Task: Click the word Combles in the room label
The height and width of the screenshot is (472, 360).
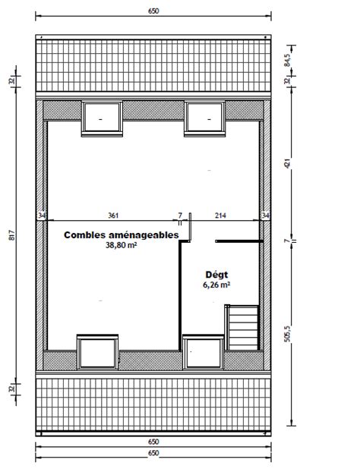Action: point(84,235)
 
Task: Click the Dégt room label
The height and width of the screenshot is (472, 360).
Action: point(216,275)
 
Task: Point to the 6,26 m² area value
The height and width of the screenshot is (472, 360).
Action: point(216,285)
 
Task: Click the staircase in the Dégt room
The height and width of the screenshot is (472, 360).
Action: point(242,326)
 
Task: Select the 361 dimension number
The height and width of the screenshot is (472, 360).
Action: point(115,215)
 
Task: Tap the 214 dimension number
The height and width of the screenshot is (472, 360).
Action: point(220,215)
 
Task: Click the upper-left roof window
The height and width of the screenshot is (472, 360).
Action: point(101,117)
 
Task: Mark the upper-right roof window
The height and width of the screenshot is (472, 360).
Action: point(204,117)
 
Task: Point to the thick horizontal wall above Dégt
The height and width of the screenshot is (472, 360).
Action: point(239,241)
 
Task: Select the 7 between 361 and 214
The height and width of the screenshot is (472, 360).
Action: point(180,215)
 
